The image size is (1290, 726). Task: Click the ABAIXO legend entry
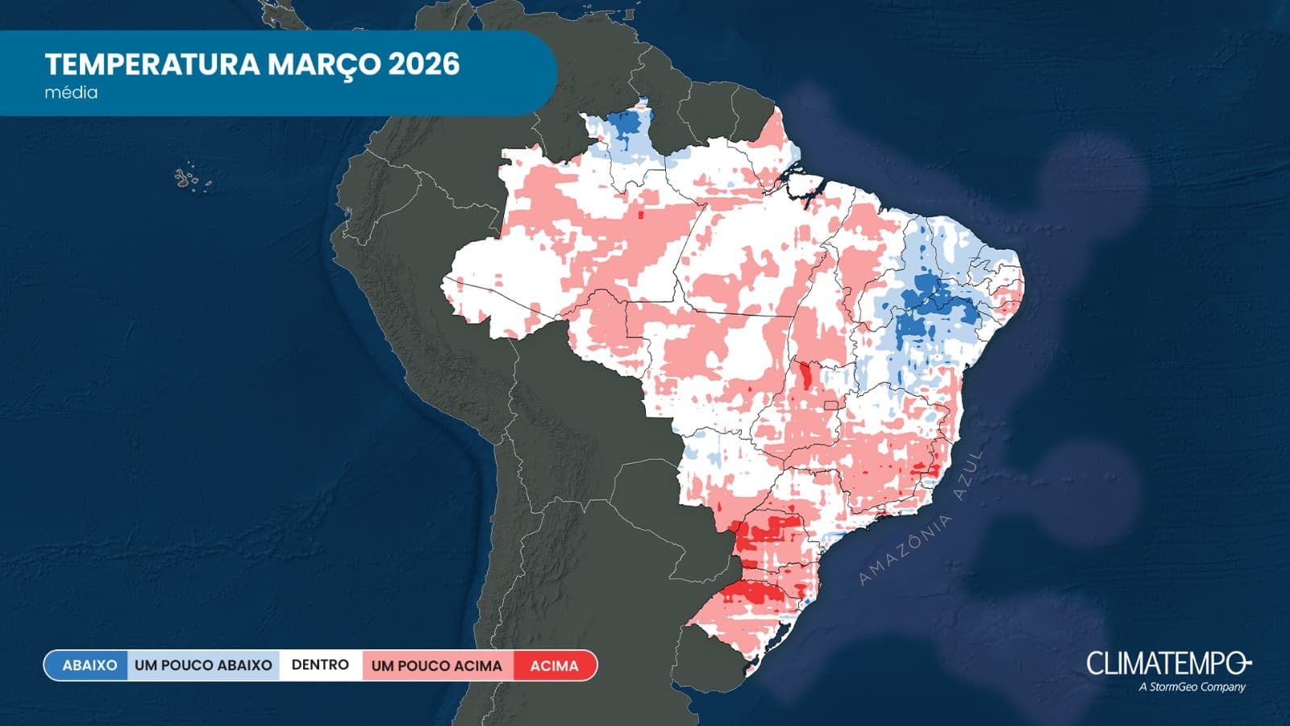pyautogui.click(x=89, y=665)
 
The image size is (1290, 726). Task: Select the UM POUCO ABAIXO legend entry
pyautogui.click(x=203, y=665)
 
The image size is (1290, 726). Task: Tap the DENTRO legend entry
pyautogui.click(x=320, y=665)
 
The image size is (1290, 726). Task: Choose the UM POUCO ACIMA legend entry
pyautogui.click(x=436, y=665)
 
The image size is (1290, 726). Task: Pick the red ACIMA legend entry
pyautogui.click(x=554, y=665)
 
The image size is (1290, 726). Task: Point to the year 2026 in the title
pyautogui.click(x=424, y=65)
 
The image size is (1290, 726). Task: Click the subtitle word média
pyautogui.click(x=71, y=93)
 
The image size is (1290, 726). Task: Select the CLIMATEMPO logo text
pyautogui.click(x=1167, y=664)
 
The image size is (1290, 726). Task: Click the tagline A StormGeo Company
pyautogui.click(x=1192, y=687)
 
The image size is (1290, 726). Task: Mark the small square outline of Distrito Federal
pyautogui.click(x=831, y=405)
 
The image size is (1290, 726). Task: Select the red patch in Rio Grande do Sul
pyautogui.click(x=750, y=595)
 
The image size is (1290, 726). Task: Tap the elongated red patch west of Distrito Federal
pyautogui.click(x=805, y=375)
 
